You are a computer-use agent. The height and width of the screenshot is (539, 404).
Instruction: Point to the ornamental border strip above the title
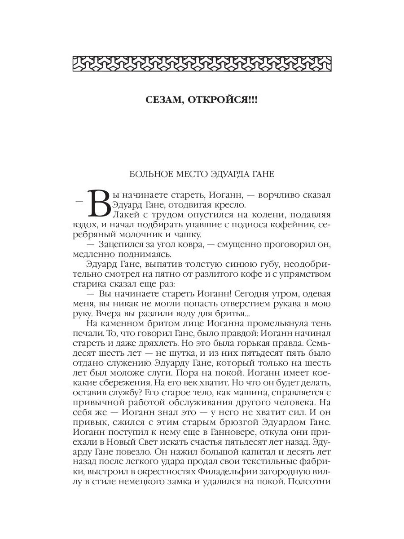pos(202,63)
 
